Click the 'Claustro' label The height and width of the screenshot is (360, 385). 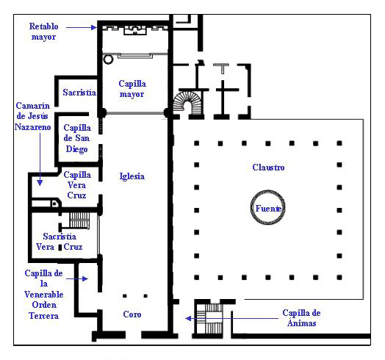tap(268, 168)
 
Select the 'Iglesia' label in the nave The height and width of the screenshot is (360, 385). tap(132, 176)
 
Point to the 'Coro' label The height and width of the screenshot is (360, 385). tap(132, 314)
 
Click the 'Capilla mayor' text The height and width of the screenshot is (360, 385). tap(132, 89)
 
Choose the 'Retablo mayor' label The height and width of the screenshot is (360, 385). tap(43, 32)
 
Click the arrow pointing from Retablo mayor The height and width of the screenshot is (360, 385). tap(82, 27)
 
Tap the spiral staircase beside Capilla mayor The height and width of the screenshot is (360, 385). tap(188, 103)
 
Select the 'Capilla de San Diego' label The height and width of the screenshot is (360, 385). tap(77, 138)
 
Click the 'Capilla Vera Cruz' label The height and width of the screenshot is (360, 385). tap(77, 185)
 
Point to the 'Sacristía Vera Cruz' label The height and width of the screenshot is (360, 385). tap(60, 242)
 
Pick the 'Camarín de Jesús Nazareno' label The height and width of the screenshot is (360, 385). tap(32, 116)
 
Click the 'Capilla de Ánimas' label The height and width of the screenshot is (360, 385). tap(301, 318)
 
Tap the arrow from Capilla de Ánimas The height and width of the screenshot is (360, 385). tap(231, 319)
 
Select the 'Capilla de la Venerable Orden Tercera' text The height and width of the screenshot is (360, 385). tap(43, 295)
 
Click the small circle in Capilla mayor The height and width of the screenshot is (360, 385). tap(108, 60)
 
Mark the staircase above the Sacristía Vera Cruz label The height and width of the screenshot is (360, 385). tap(79, 220)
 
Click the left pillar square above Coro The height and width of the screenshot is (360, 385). tap(125, 296)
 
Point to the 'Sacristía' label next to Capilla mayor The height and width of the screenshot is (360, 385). tap(79, 93)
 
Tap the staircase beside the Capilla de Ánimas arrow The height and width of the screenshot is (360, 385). tap(210, 319)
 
